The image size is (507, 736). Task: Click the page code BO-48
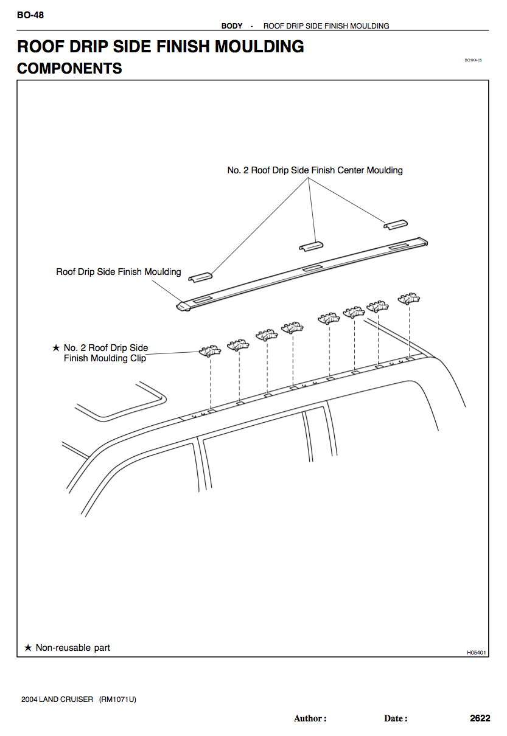tap(30, 15)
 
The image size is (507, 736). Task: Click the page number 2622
tap(480, 718)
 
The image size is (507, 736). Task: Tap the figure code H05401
tap(477, 653)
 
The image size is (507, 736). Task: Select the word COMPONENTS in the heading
tap(69, 69)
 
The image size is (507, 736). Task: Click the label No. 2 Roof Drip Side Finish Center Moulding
tap(315, 170)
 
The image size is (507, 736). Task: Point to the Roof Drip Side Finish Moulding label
tap(119, 272)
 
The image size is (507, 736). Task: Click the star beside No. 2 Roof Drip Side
tap(56, 348)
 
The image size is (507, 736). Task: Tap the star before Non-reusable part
tap(27, 648)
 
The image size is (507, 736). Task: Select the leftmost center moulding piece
tap(200, 277)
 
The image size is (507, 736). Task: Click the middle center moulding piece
tap(311, 245)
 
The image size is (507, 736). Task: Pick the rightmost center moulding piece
tap(395, 224)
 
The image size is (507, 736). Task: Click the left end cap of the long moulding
tap(182, 305)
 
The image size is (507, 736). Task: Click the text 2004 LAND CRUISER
tap(57, 700)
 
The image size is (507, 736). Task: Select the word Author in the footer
tap(309, 719)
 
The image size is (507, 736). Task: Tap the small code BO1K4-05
tap(473, 60)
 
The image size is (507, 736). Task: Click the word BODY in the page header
tap(232, 26)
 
